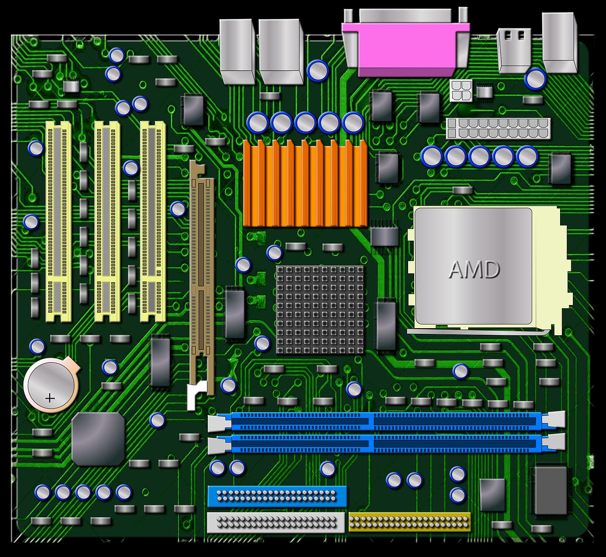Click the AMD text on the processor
(x=474, y=270)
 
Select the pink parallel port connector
(x=406, y=47)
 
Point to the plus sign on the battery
(x=50, y=398)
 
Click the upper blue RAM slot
(x=386, y=420)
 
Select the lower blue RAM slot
(x=386, y=444)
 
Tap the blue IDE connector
(x=277, y=496)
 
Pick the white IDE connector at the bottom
(x=276, y=522)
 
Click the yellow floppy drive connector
(x=410, y=522)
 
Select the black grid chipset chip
(x=320, y=310)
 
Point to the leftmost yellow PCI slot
(x=59, y=221)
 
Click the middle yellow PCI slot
(x=107, y=221)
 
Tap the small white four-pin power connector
(x=461, y=90)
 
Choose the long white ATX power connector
(x=498, y=128)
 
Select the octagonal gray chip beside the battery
(x=98, y=438)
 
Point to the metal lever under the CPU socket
(x=478, y=332)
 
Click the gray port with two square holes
(x=514, y=50)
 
